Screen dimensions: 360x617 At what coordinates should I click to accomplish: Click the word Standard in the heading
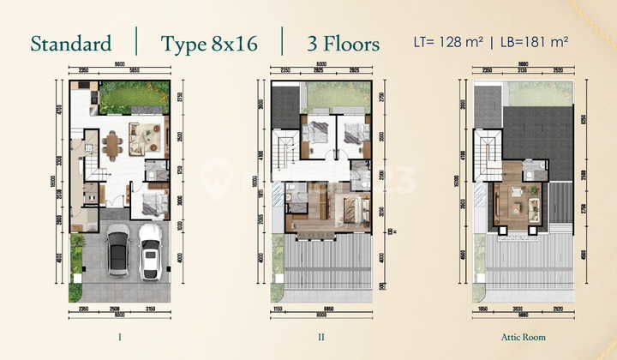tap(70, 44)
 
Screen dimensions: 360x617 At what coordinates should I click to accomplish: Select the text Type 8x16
tap(209, 44)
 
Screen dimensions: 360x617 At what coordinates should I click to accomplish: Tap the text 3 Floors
tap(342, 44)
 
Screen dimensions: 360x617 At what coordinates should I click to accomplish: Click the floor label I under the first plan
tap(119, 337)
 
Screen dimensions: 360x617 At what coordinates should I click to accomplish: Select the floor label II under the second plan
tap(320, 337)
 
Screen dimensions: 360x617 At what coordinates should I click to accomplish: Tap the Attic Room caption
tap(523, 337)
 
